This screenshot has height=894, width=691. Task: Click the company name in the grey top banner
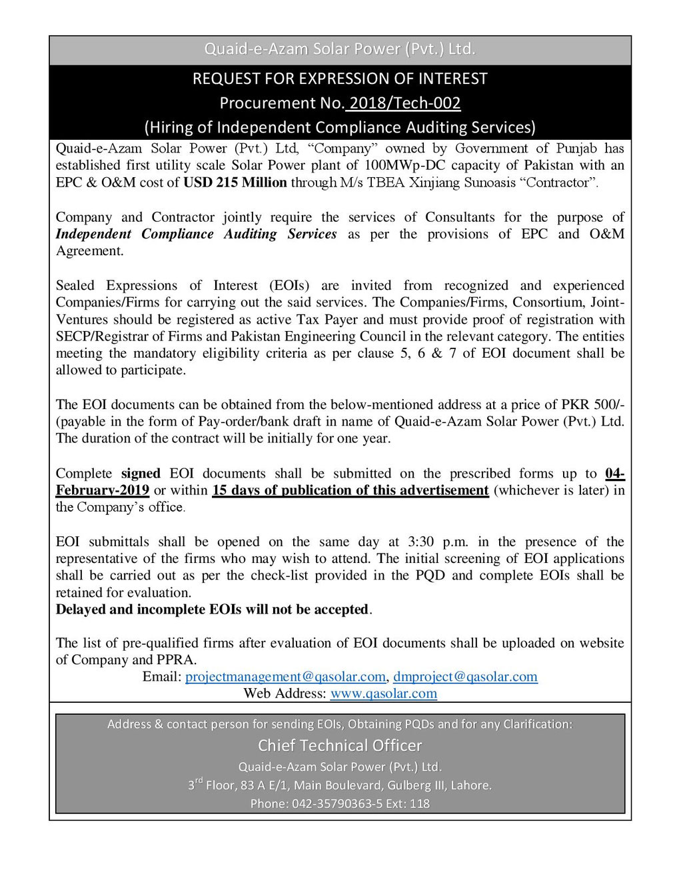click(x=340, y=49)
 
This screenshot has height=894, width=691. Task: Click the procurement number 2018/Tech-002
click(x=404, y=103)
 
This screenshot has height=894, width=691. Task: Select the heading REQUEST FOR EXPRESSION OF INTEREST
click(x=340, y=79)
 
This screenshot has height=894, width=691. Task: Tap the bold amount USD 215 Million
click(x=235, y=183)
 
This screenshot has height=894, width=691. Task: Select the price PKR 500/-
click(x=592, y=404)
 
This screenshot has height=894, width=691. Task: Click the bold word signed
click(x=141, y=473)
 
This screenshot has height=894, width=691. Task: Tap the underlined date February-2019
click(x=103, y=490)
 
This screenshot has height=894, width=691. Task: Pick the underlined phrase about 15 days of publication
click(x=350, y=490)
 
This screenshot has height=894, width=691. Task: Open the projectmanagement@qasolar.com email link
click(x=285, y=677)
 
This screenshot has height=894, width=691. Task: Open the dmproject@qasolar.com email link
click(x=465, y=677)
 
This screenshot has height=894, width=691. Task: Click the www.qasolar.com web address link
click(x=384, y=693)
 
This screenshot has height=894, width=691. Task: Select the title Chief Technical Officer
click(x=340, y=745)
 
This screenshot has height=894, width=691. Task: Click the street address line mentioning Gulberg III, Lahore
click(x=340, y=785)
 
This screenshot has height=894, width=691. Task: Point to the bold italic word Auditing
click(x=250, y=234)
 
